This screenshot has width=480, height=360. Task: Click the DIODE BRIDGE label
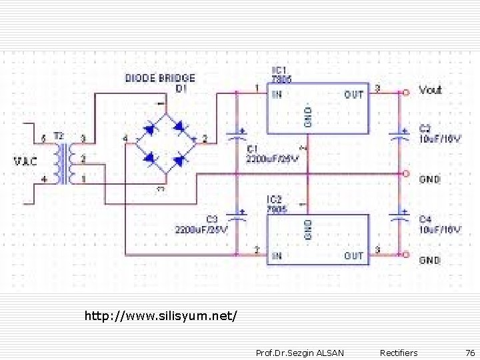160,79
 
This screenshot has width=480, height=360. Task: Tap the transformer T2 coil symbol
65,163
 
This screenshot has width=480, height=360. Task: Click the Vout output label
430,90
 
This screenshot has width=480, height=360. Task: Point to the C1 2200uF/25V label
273,153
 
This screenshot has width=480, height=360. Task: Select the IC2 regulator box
318,239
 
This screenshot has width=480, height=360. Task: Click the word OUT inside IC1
354,95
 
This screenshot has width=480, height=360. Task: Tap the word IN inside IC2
276,255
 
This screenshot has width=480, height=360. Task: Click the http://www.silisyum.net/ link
161,314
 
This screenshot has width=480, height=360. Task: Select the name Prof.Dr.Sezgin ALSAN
300,353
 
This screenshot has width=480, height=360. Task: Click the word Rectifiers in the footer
399,353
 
